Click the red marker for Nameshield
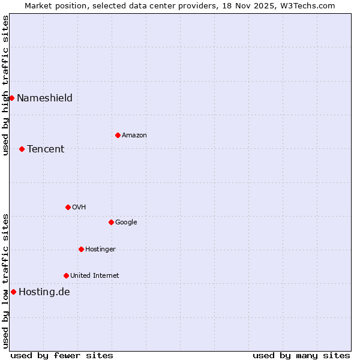(x=11, y=98)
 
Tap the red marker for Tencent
(x=22, y=149)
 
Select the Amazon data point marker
(x=118, y=135)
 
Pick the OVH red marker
(x=68, y=207)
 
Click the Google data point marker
(x=111, y=222)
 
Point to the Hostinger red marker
(x=81, y=249)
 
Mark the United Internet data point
(x=66, y=275)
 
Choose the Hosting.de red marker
(x=13, y=292)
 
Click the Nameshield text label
(x=44, y=98)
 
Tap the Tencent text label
(x=46, y=149)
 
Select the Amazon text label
(x=134, y=135)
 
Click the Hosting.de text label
(x=44, y=292)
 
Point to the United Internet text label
(x=95, y=275)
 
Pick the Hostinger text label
(x=100, y=249)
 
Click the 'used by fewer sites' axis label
(x=62, y=355)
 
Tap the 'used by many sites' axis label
(x=301, y=355)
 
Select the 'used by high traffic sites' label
(x=5, y=85)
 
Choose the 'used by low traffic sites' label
(x=5, y=281)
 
